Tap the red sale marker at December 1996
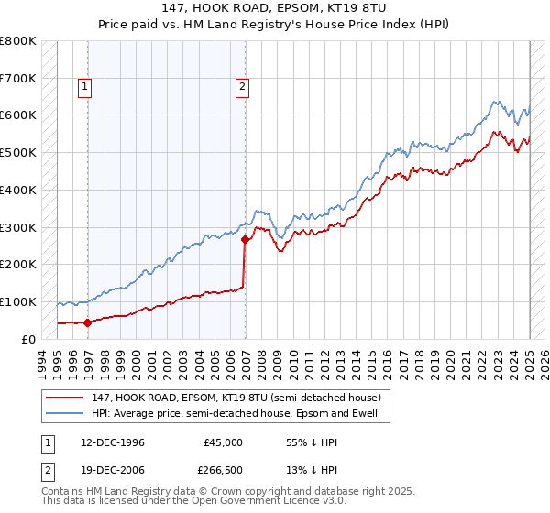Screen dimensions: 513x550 [87, 322]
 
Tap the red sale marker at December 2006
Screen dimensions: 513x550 [246, 240]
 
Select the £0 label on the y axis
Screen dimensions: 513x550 [27, 339]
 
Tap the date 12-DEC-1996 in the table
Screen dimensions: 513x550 [112, 442]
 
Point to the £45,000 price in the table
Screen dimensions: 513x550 [223, 442]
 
